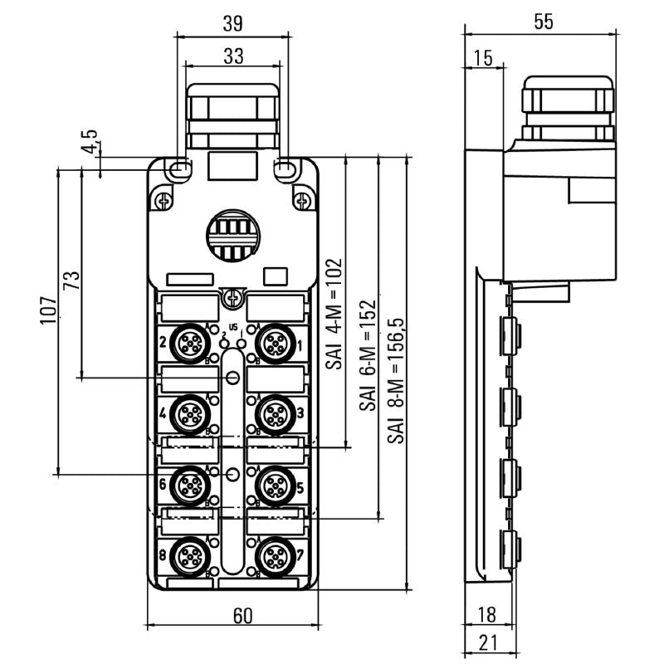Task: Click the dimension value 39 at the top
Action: pos(233,24)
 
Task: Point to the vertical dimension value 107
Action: pos(49,309)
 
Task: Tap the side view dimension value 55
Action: pos(543,23)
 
